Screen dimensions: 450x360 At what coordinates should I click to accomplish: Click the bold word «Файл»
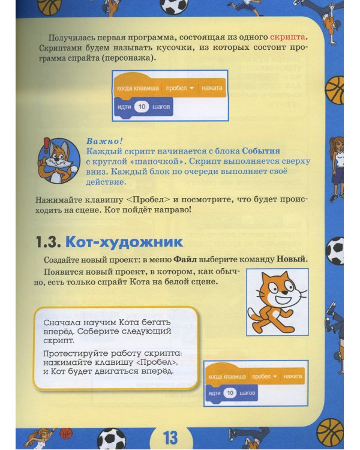pos(185,260)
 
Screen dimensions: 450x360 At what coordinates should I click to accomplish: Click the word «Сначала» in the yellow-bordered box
pos(60,322)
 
